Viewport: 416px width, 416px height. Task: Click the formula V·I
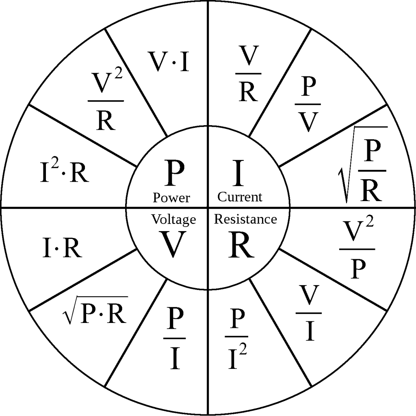[x=169, y=62]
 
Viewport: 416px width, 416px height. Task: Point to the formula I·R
[x=62, y=247]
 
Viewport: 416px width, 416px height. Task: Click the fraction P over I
[x=174, y=338]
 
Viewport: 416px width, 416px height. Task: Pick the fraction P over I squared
[x=236, y=338]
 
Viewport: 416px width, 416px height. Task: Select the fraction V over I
[x=309, y=313]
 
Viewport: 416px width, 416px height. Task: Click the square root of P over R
[x=362, y=165]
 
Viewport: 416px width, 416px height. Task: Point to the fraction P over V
[x=308, y=104]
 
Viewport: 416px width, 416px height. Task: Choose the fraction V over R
[x=248, y=74]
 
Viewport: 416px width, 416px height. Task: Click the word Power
[x=171, y=198]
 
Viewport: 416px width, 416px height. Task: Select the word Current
[x=240, y=197]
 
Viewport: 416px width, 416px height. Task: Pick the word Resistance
[x=245, y=219]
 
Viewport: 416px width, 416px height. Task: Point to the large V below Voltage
[x=172, y=244]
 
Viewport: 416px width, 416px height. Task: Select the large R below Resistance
[x=241, y=244]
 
